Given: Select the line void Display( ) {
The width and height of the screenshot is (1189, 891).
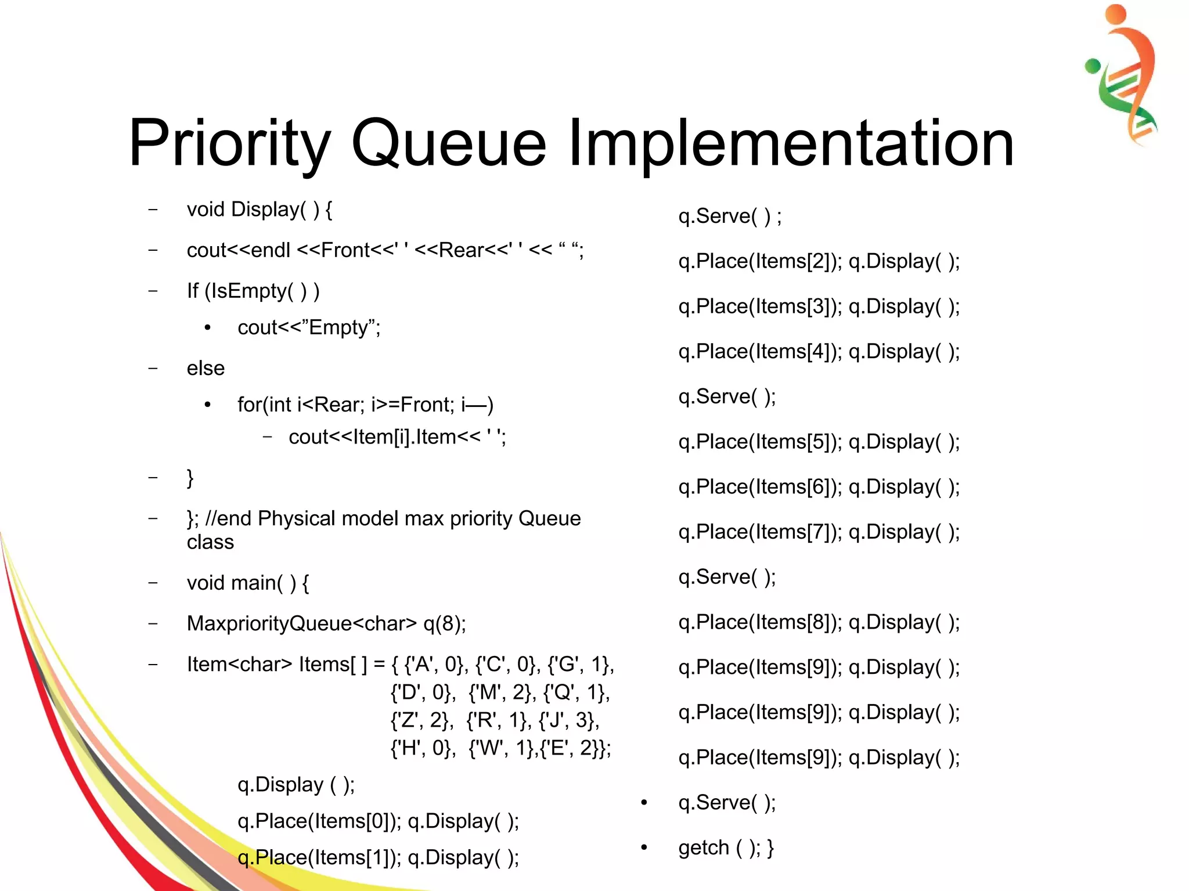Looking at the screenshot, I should pos(259,210).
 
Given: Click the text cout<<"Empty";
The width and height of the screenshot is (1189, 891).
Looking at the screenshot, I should pos(309,327).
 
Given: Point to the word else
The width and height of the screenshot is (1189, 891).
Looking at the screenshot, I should pos(206,368).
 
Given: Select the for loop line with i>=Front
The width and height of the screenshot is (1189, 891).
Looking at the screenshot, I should pos(365,405).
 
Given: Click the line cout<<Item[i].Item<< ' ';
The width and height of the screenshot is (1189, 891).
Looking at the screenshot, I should pos(397,437).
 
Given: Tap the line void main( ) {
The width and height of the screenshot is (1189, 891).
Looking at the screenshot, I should pos(248,582).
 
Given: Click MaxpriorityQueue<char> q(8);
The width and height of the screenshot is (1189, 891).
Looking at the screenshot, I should pos(326,623).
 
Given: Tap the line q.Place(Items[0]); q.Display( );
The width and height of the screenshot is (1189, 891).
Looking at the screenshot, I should pos(378,821).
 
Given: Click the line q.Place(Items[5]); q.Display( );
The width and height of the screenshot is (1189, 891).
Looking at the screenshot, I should pos(819,442).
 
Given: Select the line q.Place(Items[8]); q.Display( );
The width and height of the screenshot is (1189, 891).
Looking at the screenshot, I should pos(819,622).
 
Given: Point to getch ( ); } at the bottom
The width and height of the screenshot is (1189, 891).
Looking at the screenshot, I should pos(726,848).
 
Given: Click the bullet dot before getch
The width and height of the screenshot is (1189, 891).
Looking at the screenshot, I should pos(644,848).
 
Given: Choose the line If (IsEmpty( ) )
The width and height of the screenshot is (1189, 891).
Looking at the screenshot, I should pos(253,291).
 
